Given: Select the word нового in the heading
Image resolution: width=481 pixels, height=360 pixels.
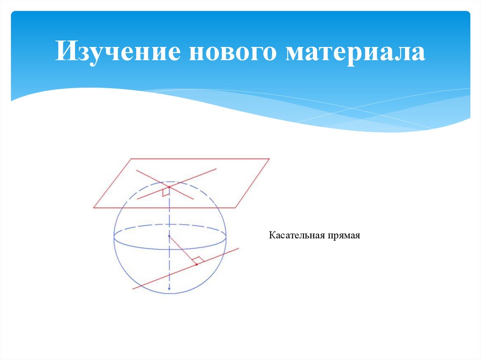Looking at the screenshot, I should click(x=233, y=52).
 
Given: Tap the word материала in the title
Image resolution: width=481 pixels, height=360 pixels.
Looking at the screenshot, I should click(x=355, y=52).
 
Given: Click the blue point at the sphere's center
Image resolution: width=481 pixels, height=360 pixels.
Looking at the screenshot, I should click(x=170, y=236).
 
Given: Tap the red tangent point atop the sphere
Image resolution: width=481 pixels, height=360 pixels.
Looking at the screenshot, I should click(x=169, y=187).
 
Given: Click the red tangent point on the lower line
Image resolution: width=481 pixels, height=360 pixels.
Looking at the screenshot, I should click(x=196, y=264).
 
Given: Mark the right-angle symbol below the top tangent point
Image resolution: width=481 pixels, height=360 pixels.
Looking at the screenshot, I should click(x=165, y=192).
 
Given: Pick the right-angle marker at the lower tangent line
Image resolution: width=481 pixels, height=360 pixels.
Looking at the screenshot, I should click(x=198, y=259).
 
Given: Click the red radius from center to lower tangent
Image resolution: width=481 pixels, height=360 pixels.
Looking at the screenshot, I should click(x=183, y=251).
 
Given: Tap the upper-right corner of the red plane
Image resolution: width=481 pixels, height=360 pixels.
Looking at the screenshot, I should click(x=269, y=159).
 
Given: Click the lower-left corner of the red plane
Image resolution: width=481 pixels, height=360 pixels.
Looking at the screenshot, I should click(x=94, y=207).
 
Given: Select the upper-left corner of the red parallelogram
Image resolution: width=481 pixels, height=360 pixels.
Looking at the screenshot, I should click(x=130, y=159).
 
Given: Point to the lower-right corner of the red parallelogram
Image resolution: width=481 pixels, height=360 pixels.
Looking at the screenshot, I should click(x=236, y=207).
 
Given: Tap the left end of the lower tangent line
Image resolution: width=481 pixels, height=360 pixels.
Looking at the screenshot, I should click(x=133, y=289).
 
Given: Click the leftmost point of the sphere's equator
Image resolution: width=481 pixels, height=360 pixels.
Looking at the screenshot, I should click(x=114, y=237).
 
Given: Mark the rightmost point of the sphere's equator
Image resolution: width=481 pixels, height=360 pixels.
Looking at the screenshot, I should click(x=226, y=237).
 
